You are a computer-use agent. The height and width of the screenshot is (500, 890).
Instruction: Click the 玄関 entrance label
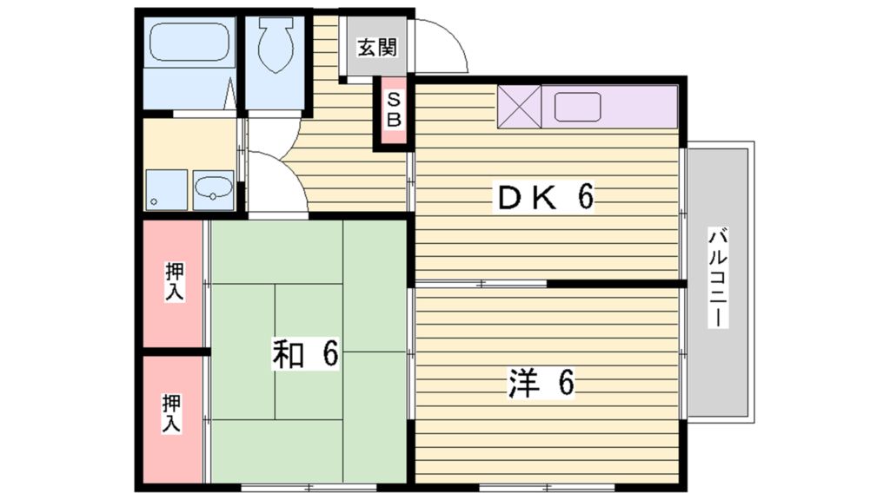(376, 48)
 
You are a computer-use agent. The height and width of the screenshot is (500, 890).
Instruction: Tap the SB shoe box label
(393, 110)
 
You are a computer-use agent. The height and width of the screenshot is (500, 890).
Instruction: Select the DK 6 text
(544, 198)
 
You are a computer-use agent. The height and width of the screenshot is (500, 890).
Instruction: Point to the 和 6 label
(304, 355)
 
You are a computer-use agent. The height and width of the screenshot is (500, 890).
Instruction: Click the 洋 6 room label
(541, 382)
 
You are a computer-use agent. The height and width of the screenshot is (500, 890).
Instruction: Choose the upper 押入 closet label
(175, 282)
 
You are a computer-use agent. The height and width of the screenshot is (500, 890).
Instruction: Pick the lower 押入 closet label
(171, 413)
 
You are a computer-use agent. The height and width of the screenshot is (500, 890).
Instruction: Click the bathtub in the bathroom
(188, 41)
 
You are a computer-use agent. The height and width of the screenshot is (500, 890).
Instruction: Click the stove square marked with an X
(519, 107)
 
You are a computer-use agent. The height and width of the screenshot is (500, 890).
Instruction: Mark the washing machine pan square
(165, 189)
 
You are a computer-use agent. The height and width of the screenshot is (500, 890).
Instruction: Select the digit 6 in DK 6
(585, 198)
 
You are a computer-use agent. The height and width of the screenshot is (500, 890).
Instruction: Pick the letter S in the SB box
(393, 100)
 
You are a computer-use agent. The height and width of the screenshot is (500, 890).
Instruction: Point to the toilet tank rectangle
(276, 26)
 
